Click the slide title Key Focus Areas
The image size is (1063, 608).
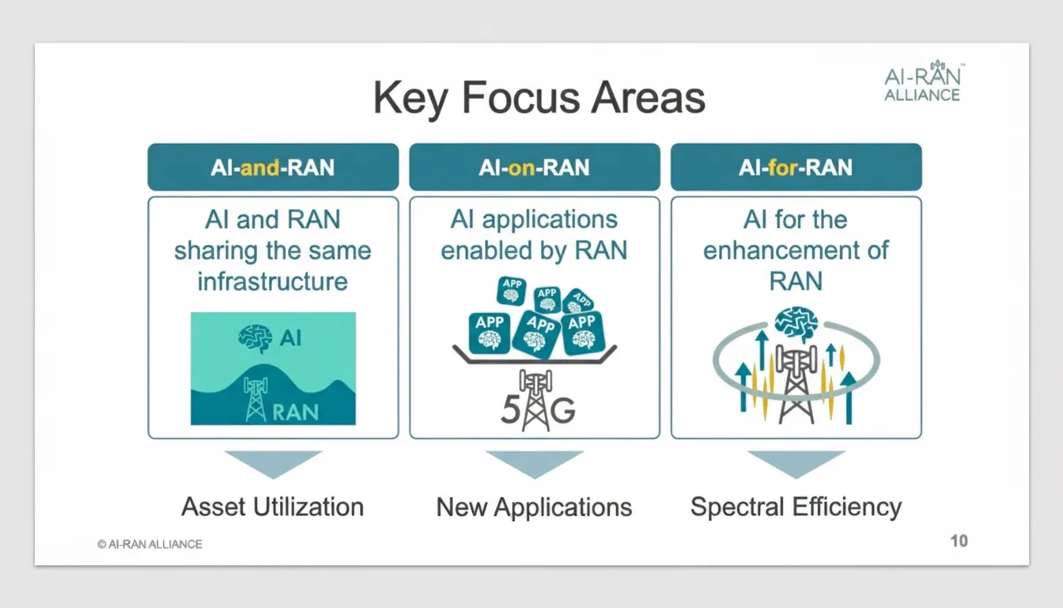pos(539,98)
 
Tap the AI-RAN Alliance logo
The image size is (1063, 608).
pos(924,82)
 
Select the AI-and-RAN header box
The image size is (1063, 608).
pos(273,167)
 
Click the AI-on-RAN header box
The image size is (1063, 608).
pos(535,167)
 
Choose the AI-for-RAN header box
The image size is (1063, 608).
pos(796,167)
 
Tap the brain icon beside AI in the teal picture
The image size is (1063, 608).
pos(255,338)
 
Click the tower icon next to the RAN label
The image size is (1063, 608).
pos(255,400)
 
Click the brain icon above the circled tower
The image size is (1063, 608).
pos(796,324)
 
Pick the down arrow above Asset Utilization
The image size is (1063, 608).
pos(273,464)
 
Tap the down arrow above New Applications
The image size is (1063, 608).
pos(535,464)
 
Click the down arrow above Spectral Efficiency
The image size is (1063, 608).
pos(796,464)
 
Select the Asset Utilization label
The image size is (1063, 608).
pos(272,507)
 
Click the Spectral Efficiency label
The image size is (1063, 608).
pos(796,507)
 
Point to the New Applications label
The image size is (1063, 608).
pos(534,507)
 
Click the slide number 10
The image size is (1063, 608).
pos(959,541)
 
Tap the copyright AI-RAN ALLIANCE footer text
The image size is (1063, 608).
pos(149,544)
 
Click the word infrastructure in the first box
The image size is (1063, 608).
pos(272,281)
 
